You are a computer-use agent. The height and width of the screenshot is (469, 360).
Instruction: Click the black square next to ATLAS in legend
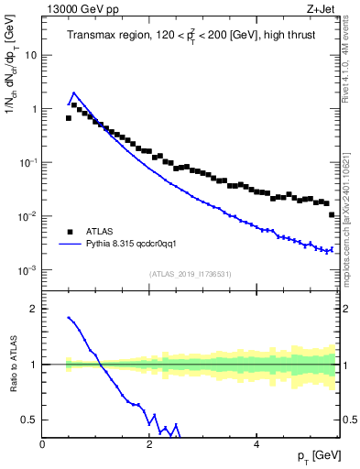coord(69,232)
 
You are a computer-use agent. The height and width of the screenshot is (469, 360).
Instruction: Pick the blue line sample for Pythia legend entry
coord(69,245)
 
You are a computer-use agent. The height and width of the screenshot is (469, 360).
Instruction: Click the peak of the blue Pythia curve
coord(74,93)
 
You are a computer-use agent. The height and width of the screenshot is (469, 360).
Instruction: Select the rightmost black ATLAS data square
coord(333,214)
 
